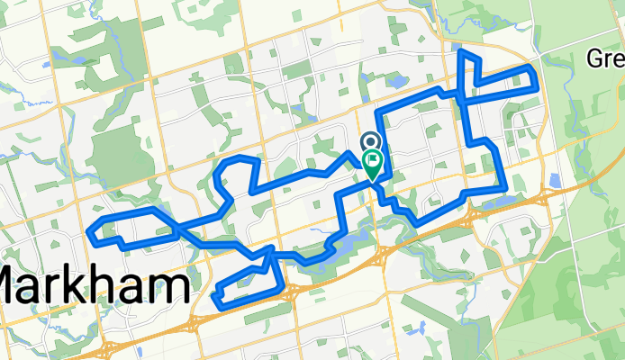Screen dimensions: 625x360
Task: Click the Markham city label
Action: coord(94,287)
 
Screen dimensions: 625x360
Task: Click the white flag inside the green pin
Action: coord(372,159)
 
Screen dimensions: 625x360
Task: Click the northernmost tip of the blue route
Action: coord(464,52)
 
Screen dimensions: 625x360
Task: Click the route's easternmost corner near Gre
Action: coord(538,88)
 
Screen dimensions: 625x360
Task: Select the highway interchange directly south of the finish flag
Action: coord(383,256)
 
